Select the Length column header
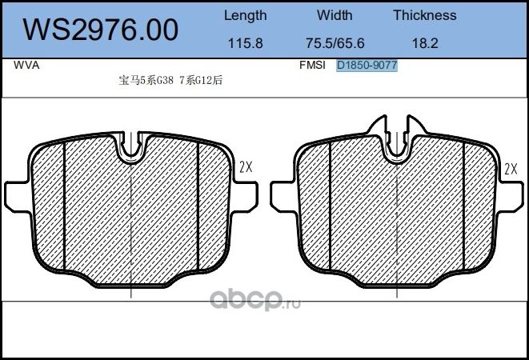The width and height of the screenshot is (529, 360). point(245,15)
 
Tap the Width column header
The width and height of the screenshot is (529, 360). point(334,15)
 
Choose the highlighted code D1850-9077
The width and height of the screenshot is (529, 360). point(367,66)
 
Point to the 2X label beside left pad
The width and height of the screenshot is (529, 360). point(246,168)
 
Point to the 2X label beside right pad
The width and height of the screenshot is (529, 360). point(511,168)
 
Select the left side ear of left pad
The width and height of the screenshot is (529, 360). point(16,194)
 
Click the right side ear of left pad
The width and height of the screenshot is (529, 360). point(246,194)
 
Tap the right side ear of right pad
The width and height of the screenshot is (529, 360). point(511,194)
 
